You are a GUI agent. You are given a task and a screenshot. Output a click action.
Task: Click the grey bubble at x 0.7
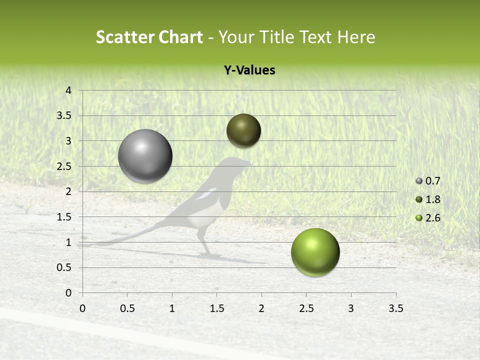(145, 156)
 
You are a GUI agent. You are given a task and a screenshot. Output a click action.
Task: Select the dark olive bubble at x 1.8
(243, 130)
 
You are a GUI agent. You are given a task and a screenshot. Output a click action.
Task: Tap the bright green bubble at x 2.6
(315, 252)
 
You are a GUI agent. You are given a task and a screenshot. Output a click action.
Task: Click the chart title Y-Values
(249, 70)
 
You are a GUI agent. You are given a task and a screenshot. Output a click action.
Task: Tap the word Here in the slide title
(355, 37)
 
